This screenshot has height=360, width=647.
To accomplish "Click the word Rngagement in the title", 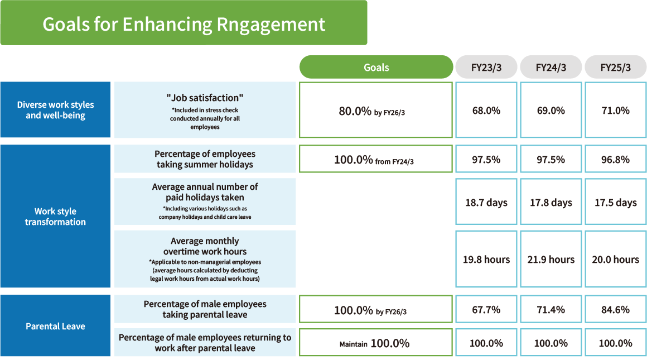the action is click(271, 25).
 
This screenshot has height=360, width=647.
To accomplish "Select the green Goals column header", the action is click(376, 67).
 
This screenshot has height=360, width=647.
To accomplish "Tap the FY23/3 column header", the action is click(486, 67).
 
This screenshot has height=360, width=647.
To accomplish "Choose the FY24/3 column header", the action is click(551, 67).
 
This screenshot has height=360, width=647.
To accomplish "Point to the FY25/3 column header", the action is click(616, 67).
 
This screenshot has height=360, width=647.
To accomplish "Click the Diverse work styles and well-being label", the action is click(55, 110).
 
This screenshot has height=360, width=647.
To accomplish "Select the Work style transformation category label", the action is click(55, 217).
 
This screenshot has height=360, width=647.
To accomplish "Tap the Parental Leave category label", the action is click(55, 326).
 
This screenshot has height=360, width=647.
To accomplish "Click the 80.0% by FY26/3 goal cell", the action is click(376, 110).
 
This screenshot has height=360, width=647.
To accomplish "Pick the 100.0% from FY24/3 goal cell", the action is click(376, 159).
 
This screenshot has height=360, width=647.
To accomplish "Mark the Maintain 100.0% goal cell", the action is click(376, 342).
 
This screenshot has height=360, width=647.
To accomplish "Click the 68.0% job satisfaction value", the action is click(486, 110).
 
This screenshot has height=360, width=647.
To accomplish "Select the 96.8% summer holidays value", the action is click(616, 159).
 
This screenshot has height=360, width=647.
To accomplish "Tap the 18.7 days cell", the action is click(486, 202).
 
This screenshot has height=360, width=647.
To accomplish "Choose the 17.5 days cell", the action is click(616, 202).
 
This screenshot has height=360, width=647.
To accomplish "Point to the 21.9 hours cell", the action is click(551, 259).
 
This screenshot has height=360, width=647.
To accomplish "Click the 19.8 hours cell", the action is click(486, 259).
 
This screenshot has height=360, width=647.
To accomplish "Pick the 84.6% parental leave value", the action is click(616, 309).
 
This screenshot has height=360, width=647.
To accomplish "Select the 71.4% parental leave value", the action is click(551, 309).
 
